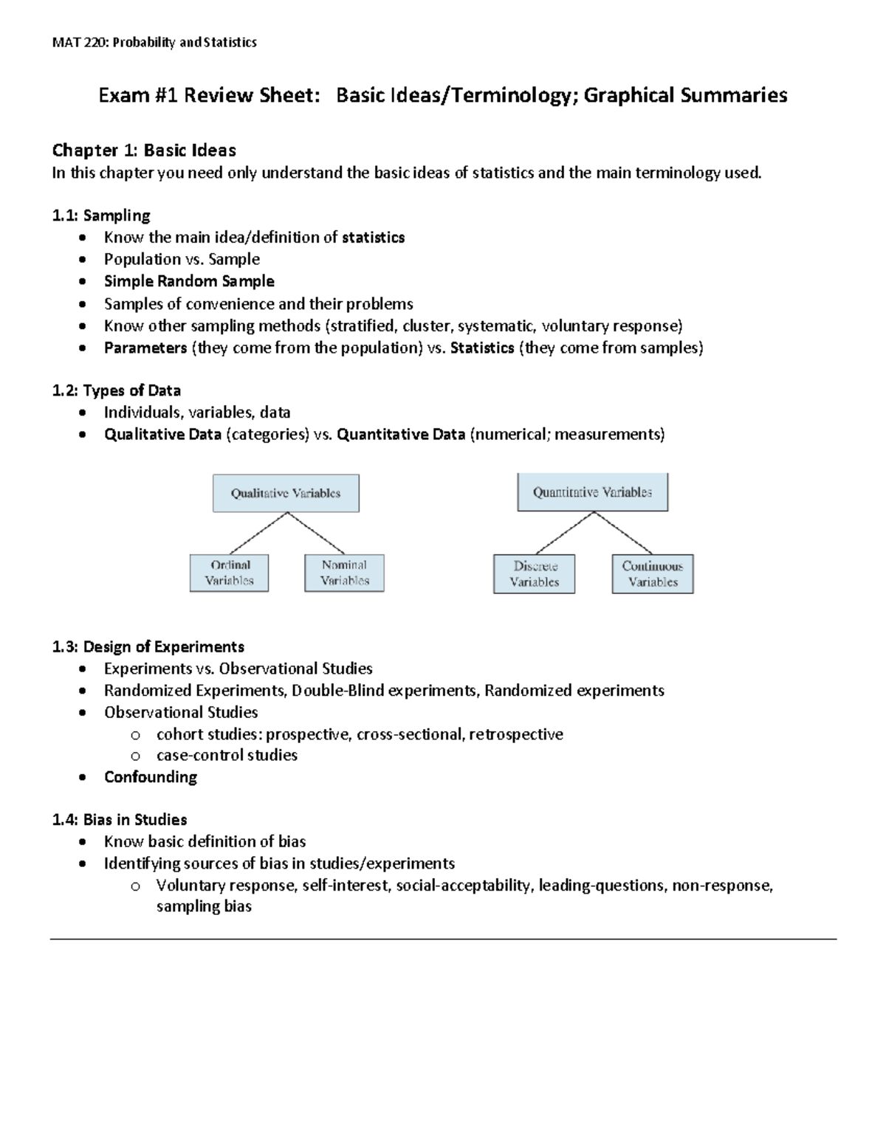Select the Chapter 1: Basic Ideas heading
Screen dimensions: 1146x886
click(x=143, y=151)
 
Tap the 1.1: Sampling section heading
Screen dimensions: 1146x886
click(x=100, y=215)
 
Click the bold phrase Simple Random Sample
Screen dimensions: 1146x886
click(x=189, y=281)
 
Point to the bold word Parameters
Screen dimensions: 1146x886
click(x=145, y=348)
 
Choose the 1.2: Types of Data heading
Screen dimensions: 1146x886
click(x=116, y=390)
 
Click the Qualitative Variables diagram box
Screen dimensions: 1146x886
click(x=286, y=493)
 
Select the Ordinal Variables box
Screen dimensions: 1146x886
click(x=229, y=573)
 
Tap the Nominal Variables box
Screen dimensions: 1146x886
click(x=344, y=573)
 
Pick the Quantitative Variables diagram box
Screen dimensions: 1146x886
click(x=592, y=492)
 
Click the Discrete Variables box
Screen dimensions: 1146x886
click(x=534, y=574)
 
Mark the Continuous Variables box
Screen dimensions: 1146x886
click(x=652, y=574)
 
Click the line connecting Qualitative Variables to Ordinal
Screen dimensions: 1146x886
click(x=258, y=534)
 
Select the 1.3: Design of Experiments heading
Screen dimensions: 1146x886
click(x=148, y=647)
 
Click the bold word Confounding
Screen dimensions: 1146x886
click(x=150, y=777)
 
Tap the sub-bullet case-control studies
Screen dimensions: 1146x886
click(x=227, y=755)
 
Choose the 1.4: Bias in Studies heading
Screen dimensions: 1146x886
click(x=119, y=820)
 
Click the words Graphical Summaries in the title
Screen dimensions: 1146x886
click(x=685, y=95)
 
